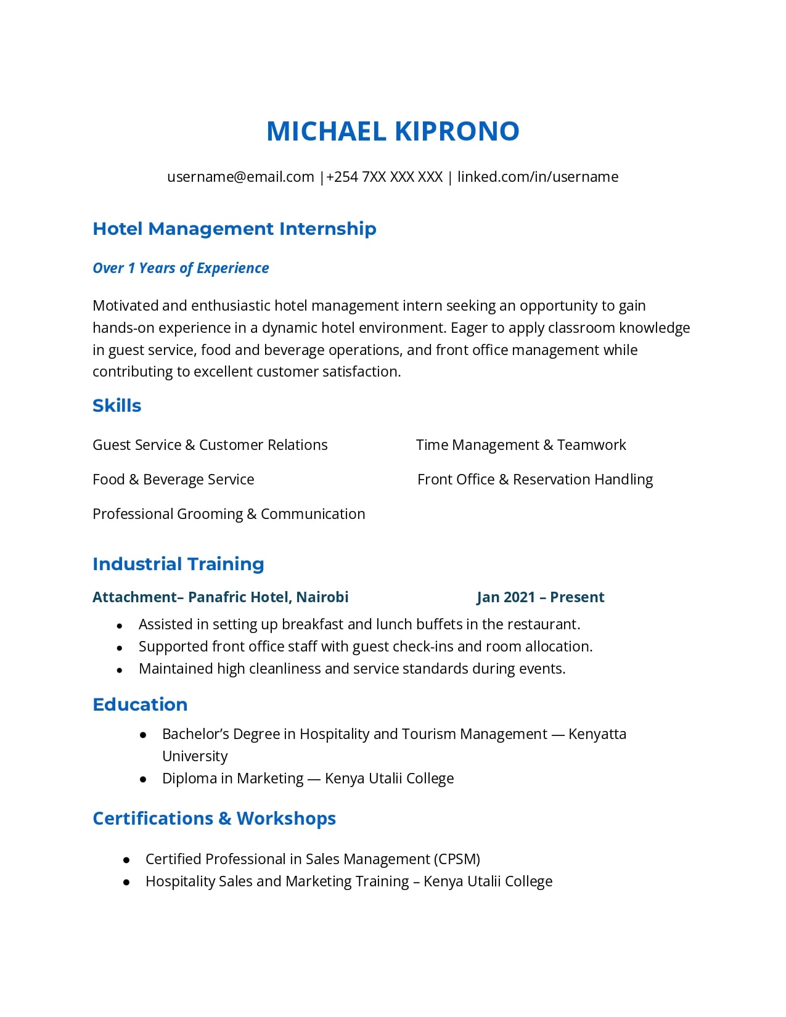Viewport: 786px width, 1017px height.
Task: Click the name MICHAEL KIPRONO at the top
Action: coord(393,131)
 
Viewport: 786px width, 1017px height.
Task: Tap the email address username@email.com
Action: coord(240,177)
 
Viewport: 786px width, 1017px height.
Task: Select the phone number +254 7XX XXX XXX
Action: coord(384,177)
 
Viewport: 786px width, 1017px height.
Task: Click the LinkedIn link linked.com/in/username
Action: coord(538,177)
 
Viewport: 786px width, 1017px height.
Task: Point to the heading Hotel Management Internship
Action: coord(234,229)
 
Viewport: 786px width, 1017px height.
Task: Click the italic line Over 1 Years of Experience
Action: coord(181,268)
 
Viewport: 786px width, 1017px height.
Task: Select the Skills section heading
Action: coord(117,406)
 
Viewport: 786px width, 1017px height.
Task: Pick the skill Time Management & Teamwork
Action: coord(521,445)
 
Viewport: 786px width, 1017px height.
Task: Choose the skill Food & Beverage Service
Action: coord(173,480)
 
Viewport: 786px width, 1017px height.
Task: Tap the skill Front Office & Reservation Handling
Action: coord(535,480)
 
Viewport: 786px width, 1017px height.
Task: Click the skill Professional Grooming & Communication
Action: coord(229,514)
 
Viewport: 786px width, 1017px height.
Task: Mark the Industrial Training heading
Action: coord(178,564)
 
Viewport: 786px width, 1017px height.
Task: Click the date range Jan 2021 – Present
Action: coord(540,597)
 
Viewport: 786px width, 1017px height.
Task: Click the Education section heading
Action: coord(140,705)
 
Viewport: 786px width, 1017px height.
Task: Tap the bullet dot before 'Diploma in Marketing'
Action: coord(143,780)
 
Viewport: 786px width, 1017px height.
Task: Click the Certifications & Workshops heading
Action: coord(214,819)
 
